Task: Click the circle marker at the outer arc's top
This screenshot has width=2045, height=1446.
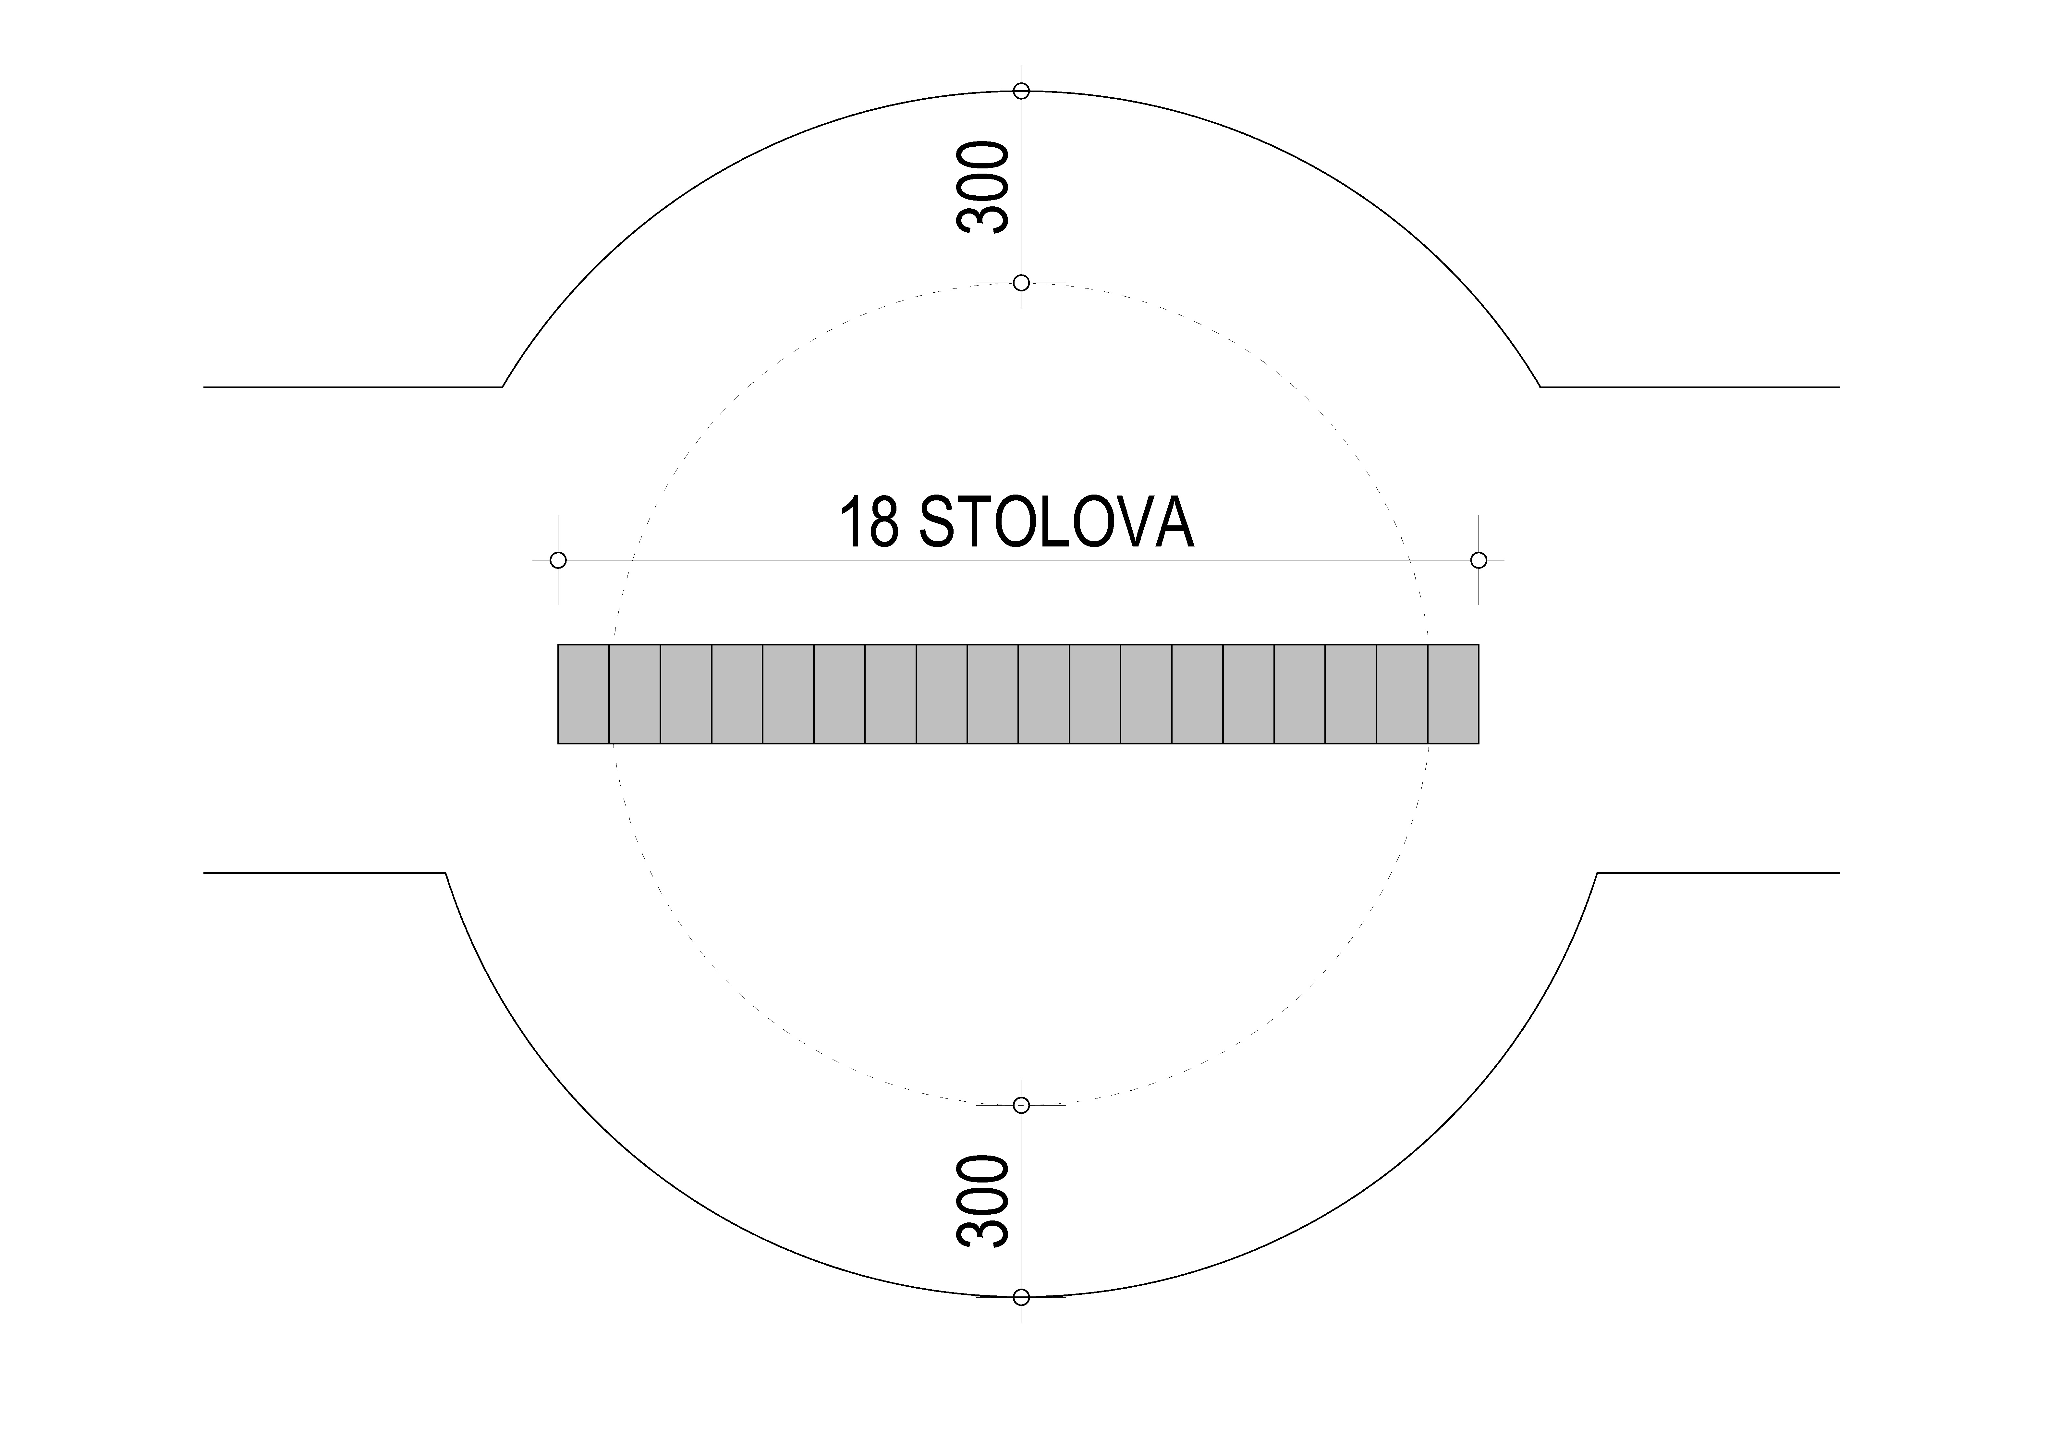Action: (x=1022, y=91)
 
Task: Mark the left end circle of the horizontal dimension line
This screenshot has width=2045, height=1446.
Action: (x=558, y=560)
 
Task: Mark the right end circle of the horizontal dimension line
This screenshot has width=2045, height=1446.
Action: (x=1479, y=560)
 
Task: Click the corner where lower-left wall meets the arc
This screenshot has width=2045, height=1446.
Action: (x=445, y=873)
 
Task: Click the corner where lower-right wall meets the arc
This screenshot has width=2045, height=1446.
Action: (x=1597, y=873)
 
